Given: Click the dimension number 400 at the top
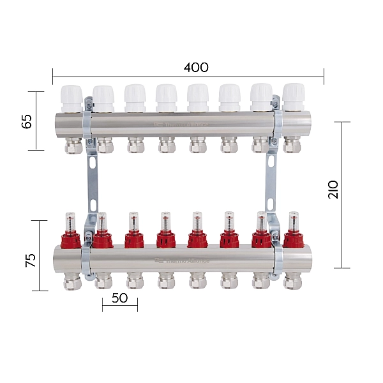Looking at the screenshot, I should coord(195,68).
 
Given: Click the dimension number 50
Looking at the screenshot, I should coord(119,297).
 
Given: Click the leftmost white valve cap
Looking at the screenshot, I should coord(71,97).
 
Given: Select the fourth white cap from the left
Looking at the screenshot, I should coord(166,98).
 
